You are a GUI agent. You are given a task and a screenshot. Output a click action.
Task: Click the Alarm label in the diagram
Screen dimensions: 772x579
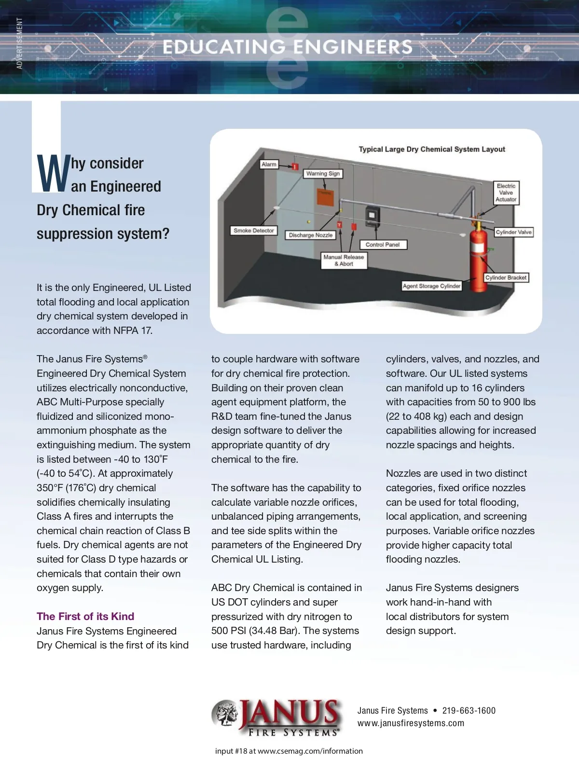[x=269, y=165]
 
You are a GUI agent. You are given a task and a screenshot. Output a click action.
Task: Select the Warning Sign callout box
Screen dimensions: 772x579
[x=323, y=174]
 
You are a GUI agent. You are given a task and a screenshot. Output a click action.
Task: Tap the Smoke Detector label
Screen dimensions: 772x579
[x=254, y=231]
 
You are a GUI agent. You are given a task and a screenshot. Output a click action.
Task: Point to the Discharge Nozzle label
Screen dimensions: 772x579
[x=311, y=235]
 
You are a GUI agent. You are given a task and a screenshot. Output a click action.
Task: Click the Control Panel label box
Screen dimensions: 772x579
[x=383, y=245]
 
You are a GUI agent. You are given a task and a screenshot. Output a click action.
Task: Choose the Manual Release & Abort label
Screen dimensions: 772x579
[x=344, y=261]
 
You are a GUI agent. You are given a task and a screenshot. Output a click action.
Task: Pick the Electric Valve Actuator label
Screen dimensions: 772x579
[x=506, y=193]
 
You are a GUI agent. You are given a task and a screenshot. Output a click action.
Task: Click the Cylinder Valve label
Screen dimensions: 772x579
[x=513, y=232]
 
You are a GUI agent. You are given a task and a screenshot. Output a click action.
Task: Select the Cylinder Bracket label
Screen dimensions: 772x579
[x=506, y=277]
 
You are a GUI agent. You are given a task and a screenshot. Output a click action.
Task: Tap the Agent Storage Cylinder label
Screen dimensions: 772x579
[x=432, y=286]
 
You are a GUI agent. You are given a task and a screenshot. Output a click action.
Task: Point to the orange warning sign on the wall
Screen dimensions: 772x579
[x=325, y=197]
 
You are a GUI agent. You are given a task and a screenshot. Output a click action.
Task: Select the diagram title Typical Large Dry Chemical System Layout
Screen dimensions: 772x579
[x=432, y=150]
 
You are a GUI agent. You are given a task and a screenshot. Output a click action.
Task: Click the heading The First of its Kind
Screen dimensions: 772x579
[x=85, y=616]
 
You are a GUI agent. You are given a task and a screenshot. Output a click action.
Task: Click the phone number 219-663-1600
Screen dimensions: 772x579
[x=469, y=711]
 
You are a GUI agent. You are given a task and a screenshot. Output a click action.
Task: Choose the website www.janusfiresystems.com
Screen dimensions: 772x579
[x=411, y=723]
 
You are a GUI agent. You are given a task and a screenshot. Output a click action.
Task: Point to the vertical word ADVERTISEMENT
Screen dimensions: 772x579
[x=20, y=43]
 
